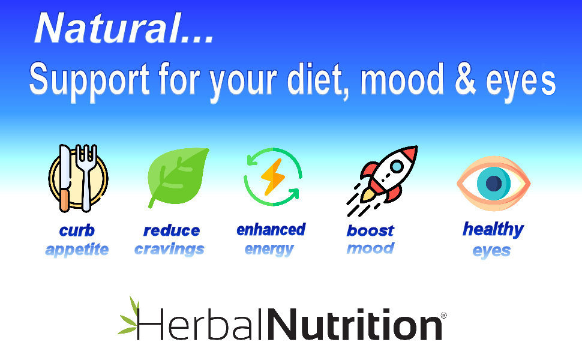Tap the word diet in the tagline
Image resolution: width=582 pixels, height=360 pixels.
point(315,79)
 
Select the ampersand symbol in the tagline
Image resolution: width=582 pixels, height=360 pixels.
point(465,78)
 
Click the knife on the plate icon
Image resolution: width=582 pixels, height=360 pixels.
point(65,178)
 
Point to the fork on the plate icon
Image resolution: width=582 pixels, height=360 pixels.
point(86,178)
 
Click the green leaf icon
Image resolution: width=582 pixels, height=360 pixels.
point(178,178)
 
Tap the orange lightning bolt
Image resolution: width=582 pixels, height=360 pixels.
point(273,177)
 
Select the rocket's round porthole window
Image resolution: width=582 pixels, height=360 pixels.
point(397,166)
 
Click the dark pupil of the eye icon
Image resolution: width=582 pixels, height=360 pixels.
point(494,183)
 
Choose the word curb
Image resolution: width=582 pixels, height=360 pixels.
point(77,231)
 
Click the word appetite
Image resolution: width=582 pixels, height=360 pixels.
point(77,250)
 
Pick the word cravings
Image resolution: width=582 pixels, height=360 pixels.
point(169,250)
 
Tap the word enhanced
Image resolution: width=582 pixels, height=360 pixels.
point(271,230)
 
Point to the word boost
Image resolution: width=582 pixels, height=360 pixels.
point(370,230)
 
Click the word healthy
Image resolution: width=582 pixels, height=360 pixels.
point(493,230)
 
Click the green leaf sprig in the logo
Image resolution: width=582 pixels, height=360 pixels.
point(129,317)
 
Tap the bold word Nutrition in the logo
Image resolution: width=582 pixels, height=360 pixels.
point(355,324)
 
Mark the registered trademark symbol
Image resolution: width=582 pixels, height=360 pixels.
point(443,316)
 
